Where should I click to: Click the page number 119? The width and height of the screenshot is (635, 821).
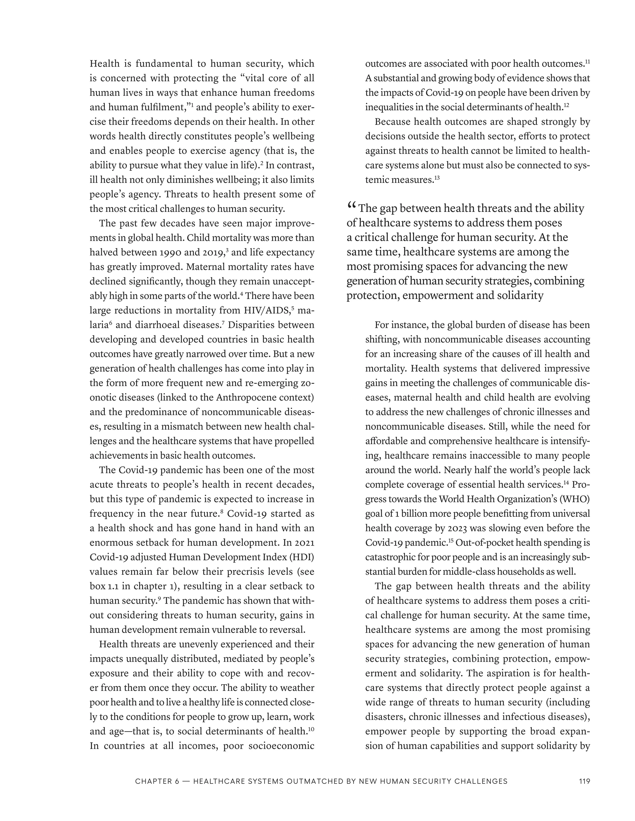coord(584,781)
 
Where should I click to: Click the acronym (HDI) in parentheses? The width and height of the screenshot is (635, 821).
coord(300,557)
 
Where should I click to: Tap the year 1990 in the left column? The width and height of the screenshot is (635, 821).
coord(164,252)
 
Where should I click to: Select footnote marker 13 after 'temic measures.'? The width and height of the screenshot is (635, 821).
coord(437,178)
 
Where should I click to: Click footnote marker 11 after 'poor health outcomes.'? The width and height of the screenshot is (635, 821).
coord(588,62)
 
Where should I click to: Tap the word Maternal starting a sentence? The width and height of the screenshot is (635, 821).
coord(206,267)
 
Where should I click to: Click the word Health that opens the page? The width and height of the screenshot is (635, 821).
coord(104,64)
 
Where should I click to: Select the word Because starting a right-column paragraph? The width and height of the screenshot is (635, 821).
coord(392,122)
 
